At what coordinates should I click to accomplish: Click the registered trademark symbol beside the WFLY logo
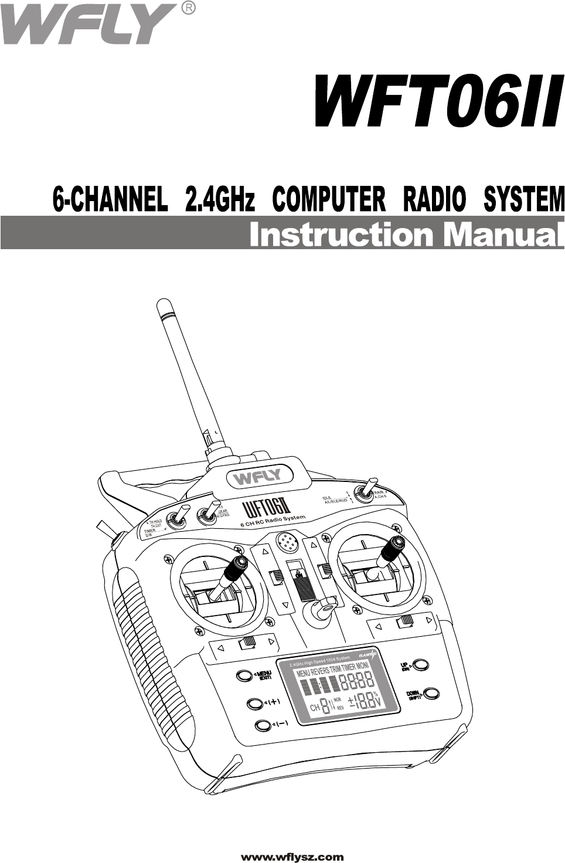pos(188,8)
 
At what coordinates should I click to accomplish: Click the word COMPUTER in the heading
pos(329,199)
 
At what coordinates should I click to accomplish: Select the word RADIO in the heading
pos(434,199)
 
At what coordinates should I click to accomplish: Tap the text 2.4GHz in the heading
pos(220,199)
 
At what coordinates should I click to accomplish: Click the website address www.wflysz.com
pos(292,857)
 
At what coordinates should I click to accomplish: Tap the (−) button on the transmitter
pos(263,726)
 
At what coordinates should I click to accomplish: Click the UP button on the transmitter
pos(421,666)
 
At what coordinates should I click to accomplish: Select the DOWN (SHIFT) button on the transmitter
pos(431,694)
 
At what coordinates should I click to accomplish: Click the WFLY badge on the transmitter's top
pos(258,477)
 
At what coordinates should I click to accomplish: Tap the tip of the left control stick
pos(239,565)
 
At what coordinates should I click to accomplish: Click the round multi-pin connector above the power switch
pos(286,542)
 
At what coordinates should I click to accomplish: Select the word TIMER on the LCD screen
pos(348,668)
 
